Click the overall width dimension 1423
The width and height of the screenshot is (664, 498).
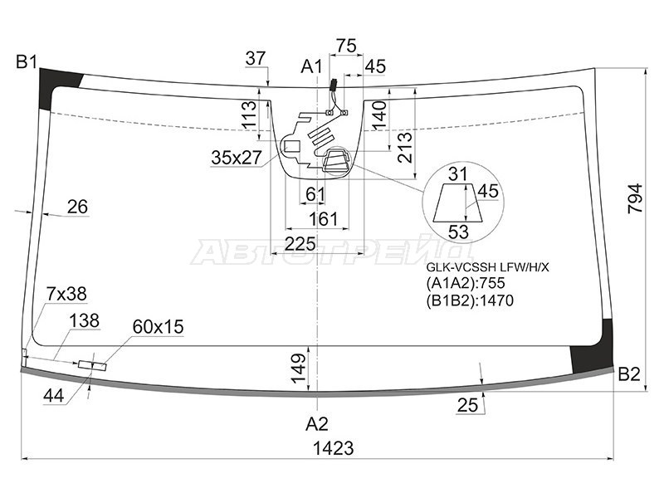[334, 448]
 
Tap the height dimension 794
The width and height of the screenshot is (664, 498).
[635, 198]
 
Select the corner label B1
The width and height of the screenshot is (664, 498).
[27, 62]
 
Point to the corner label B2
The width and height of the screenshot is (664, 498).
[629, 374]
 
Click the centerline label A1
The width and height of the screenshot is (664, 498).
[312, 66]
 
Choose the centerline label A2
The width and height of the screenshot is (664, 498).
[317, 424]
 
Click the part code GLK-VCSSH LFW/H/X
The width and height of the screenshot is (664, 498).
[487, 267]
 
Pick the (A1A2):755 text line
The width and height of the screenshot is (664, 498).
[466, 283]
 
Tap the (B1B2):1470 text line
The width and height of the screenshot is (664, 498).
[470, 300]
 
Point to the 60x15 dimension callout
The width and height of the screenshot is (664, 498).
[158, 327]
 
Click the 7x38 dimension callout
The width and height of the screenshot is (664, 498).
[66, 294]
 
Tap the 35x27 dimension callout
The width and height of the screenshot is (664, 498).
[237, 158]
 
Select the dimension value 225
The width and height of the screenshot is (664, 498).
[300, 244]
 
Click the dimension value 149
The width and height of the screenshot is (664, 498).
[299, 369]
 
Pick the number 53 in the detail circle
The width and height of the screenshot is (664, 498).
[459, 232]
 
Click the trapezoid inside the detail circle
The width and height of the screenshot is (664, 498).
[458, 203]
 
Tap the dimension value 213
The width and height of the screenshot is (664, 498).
[404, 148]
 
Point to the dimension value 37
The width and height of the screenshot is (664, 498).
[256, 58]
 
